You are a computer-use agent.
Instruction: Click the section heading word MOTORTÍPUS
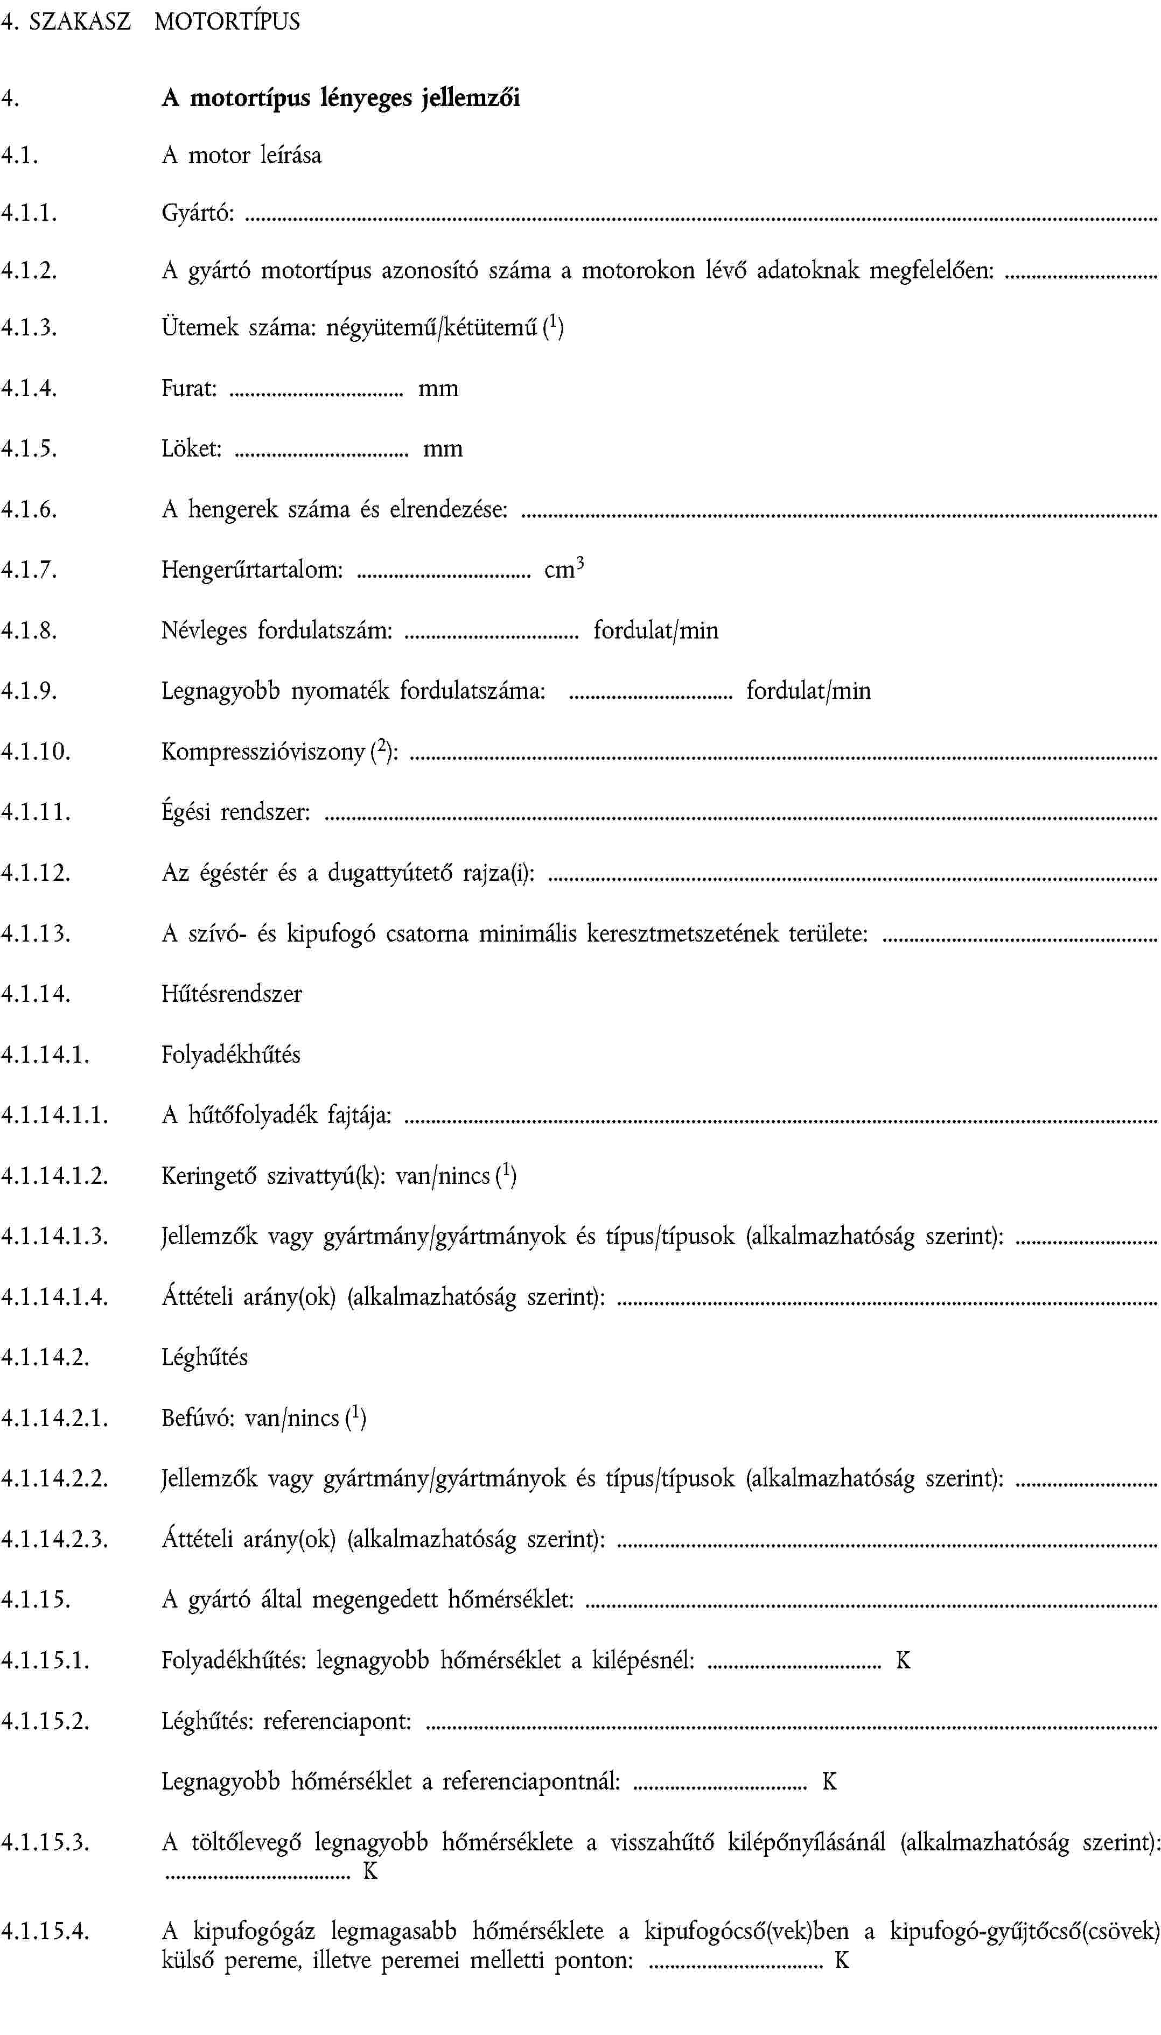coord(227,22)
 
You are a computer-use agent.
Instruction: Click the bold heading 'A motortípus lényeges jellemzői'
coord(340,98)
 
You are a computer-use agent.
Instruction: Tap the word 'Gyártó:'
coord(198,213)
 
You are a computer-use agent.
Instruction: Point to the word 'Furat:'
coord(189,388)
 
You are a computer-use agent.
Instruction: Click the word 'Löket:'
coord(191,449)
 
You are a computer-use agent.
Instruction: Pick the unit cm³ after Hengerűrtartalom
coord(564,569)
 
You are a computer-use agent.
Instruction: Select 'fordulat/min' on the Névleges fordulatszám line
coord(655,630)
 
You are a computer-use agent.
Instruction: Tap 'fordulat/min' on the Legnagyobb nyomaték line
coord(808,690)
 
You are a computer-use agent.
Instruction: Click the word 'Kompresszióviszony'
coord(263,752)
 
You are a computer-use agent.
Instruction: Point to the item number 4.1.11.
coord(36,812)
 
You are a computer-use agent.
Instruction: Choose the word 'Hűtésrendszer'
coord(231,994)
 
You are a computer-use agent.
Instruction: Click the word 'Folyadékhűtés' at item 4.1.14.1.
coord(230,1055)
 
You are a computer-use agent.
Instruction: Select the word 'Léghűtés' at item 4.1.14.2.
coord(204,1357)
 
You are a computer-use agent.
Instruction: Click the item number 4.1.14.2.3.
coord(54,1539)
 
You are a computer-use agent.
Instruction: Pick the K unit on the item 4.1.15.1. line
coord(903,1660)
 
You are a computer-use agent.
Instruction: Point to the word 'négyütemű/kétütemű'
coord(431,328)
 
